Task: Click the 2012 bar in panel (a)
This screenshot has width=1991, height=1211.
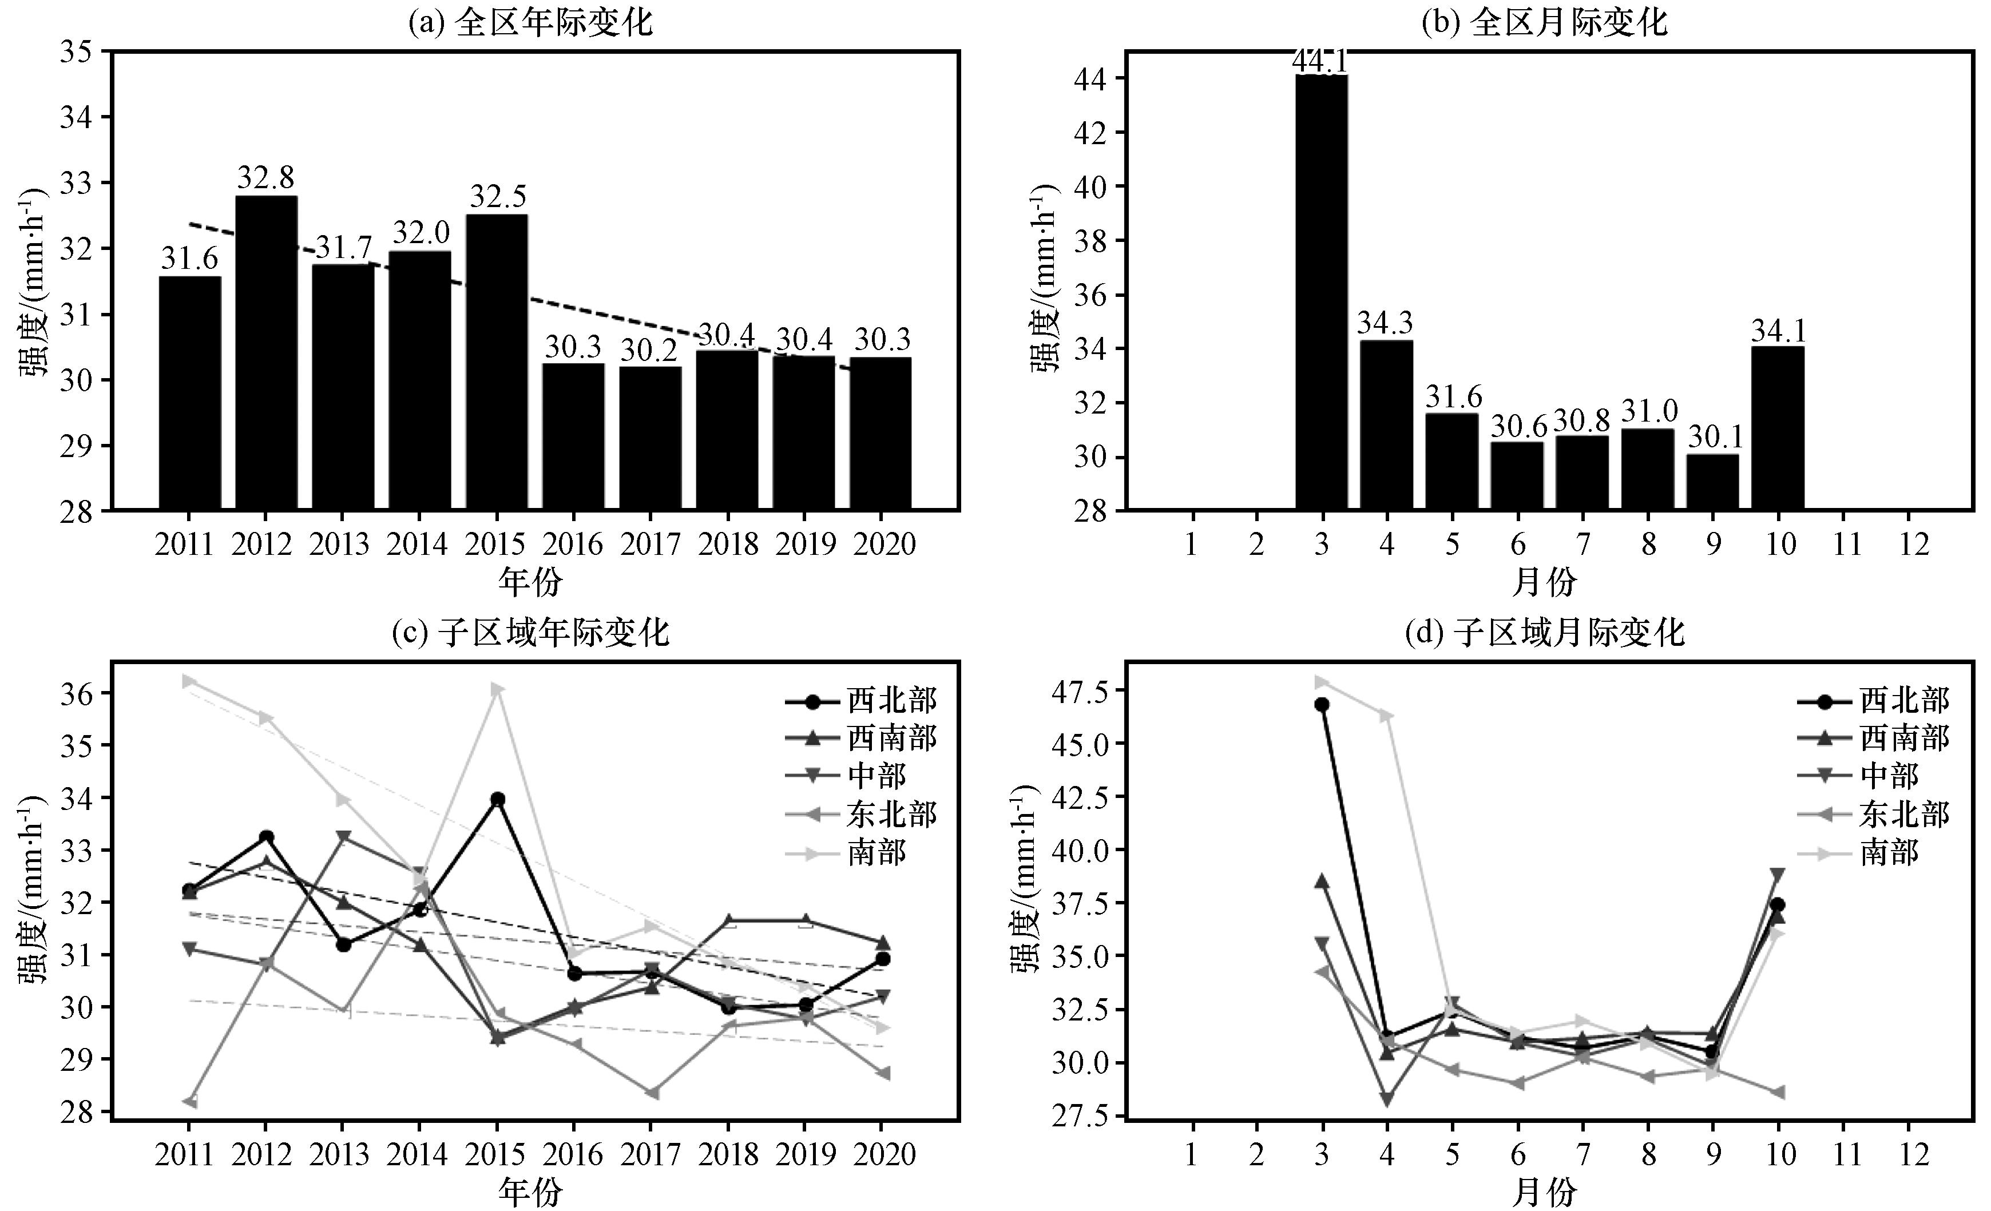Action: click(x=266, y=352)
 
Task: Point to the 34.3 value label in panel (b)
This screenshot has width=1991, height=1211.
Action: click(x=1385, y=323)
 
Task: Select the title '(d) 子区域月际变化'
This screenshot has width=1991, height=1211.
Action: click(x=1544, y=633)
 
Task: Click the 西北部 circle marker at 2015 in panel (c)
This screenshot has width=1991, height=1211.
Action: click(x=498, y=800)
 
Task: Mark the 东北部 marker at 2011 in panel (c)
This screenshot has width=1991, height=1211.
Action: click(x=190, y=1102)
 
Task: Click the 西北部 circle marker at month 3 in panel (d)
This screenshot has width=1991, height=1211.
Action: click(x=1322, y=705)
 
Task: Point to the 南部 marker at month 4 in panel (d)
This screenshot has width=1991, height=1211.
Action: click(x=1387, y=716)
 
